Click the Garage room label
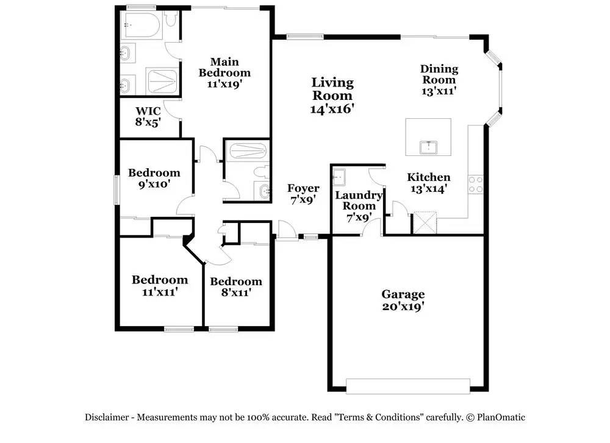(x=403, y=300)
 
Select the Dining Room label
(x=439, y=80)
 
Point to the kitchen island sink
(x=429, y=147)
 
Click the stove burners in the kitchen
(x=475, y=184)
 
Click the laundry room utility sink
(x=339, y=177)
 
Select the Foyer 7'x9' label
(x=303, y=194)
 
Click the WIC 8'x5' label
(x=148, y=116)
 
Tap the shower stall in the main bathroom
(x=162, y=80)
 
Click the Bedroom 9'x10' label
(x=154, y=178)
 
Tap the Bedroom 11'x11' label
(x=160, y=285)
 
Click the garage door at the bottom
(x=408, y=386)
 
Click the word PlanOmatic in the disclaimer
(x=501, y=417)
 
